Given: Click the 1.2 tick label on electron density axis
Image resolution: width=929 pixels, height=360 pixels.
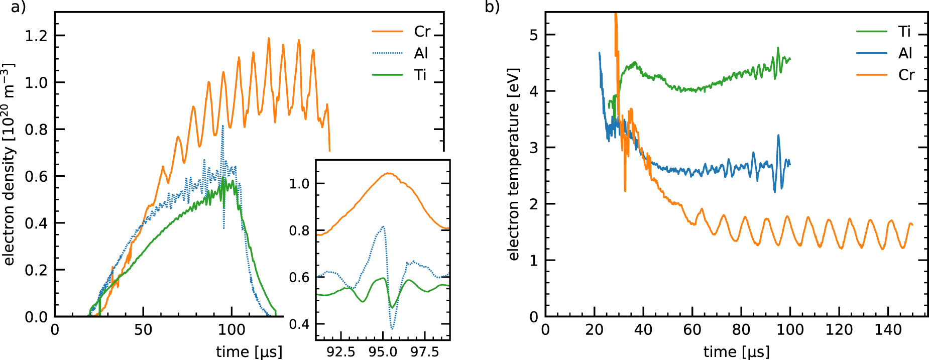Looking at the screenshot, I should [36, 36].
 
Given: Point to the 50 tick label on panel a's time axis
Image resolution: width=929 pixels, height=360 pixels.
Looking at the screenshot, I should [143, 330].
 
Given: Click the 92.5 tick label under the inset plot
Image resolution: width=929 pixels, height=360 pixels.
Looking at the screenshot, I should [341, 352].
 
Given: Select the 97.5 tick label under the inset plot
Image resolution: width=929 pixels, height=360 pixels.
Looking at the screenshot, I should [425, 352].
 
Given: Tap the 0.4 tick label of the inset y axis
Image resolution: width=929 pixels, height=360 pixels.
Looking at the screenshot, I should [299, 324].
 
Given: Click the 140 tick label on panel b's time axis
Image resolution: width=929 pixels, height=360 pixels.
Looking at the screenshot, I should [888, 330].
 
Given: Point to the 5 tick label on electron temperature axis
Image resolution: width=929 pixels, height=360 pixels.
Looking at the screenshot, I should [533, 35].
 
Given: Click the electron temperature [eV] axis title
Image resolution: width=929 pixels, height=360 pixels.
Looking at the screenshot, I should [513, 164].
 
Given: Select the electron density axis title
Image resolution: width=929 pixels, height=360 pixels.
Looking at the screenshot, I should [9, 164].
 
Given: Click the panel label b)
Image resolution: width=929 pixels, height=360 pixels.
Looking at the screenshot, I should [492, 8].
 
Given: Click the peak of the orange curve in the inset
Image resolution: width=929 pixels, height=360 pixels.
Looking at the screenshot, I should [388, 173].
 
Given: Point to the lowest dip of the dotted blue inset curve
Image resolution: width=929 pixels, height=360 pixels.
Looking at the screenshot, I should [392, 329].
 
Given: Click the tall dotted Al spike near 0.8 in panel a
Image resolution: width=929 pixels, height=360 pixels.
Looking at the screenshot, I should [222, 126].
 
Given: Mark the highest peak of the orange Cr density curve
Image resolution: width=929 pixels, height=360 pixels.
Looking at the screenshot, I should [269, 38].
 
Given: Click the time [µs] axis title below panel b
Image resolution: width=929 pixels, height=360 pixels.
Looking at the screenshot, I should [736, 352].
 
